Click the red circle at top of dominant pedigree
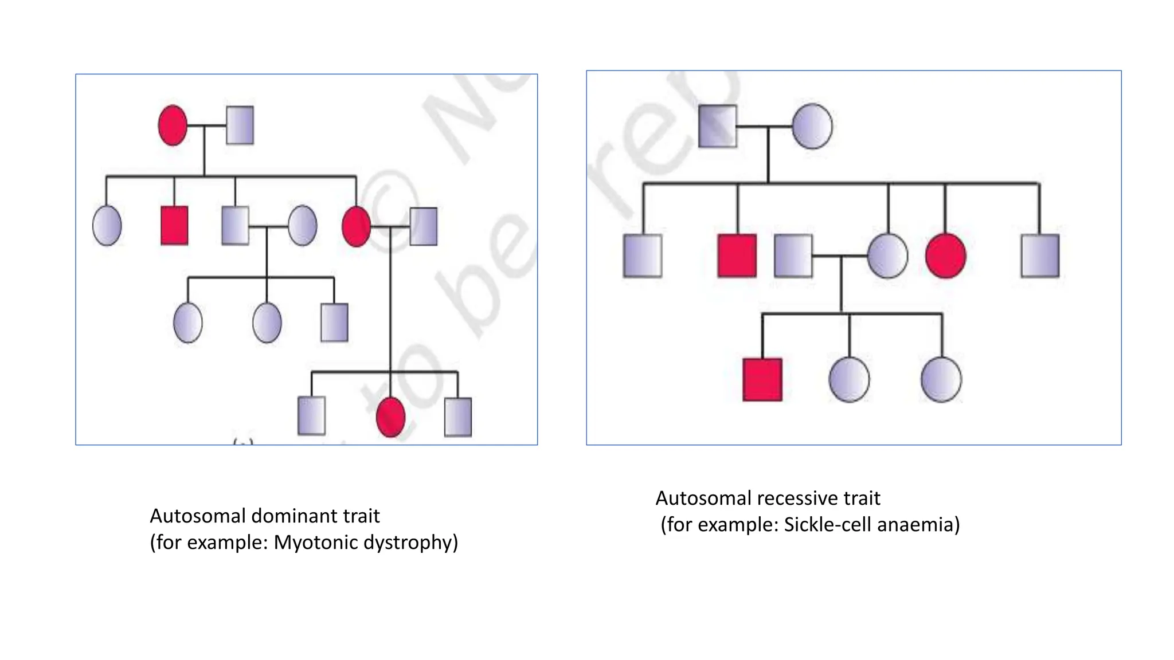coord(173,125)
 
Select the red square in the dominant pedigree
coord(174,226)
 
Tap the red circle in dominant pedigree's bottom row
coord(390,417)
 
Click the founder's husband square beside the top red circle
coord(240,125)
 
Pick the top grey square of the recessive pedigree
coord(718,126)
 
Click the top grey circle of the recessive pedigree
coord(812,126)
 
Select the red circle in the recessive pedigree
coord(945,256)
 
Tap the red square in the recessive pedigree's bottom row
coord(762,379)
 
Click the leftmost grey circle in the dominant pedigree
coord(107,226)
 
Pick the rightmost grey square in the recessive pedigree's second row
coord(1040,256)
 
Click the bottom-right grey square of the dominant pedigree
coord(458,417)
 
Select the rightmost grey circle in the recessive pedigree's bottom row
coord(941,379)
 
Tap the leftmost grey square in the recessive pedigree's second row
coord(643,256)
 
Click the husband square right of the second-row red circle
coord(424,226)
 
